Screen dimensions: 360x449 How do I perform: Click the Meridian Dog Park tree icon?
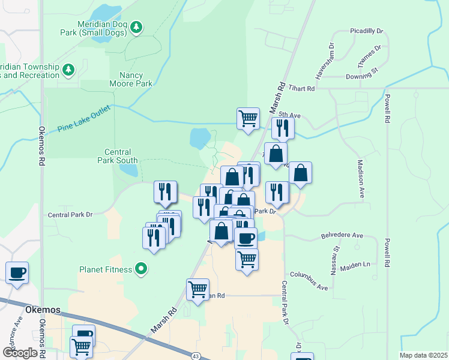[x=137, y=26]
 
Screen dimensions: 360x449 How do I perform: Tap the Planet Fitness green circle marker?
[x=141, y=269]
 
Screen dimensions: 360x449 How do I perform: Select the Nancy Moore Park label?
[x=127, y=79]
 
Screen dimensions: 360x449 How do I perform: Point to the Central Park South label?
[x=118, y=157]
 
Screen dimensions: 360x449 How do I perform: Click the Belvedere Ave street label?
[x=342, y=235]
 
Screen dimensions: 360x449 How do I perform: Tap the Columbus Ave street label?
[x=309, y=281]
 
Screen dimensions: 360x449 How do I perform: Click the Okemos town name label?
[x=44, y=310]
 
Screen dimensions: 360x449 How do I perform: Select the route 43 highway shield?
[x=196, y=356]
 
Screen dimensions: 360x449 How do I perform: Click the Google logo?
[x=20, y=353]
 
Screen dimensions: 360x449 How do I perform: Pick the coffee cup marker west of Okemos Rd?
[x=17, y=272]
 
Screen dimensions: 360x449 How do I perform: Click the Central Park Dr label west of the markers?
[x=70, y=214]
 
